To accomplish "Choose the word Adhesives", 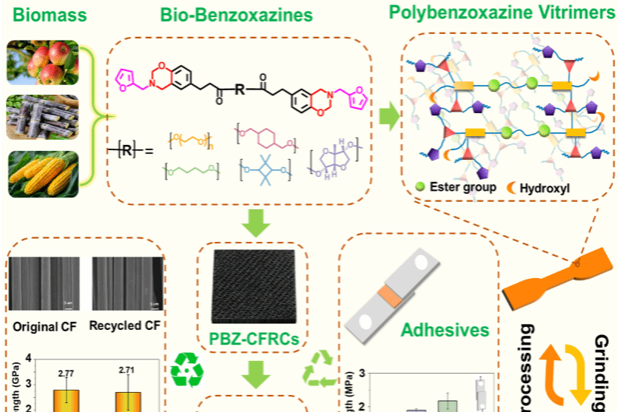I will [446, 330].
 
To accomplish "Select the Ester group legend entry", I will [448, 187].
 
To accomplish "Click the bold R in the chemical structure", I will [239, 90].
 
